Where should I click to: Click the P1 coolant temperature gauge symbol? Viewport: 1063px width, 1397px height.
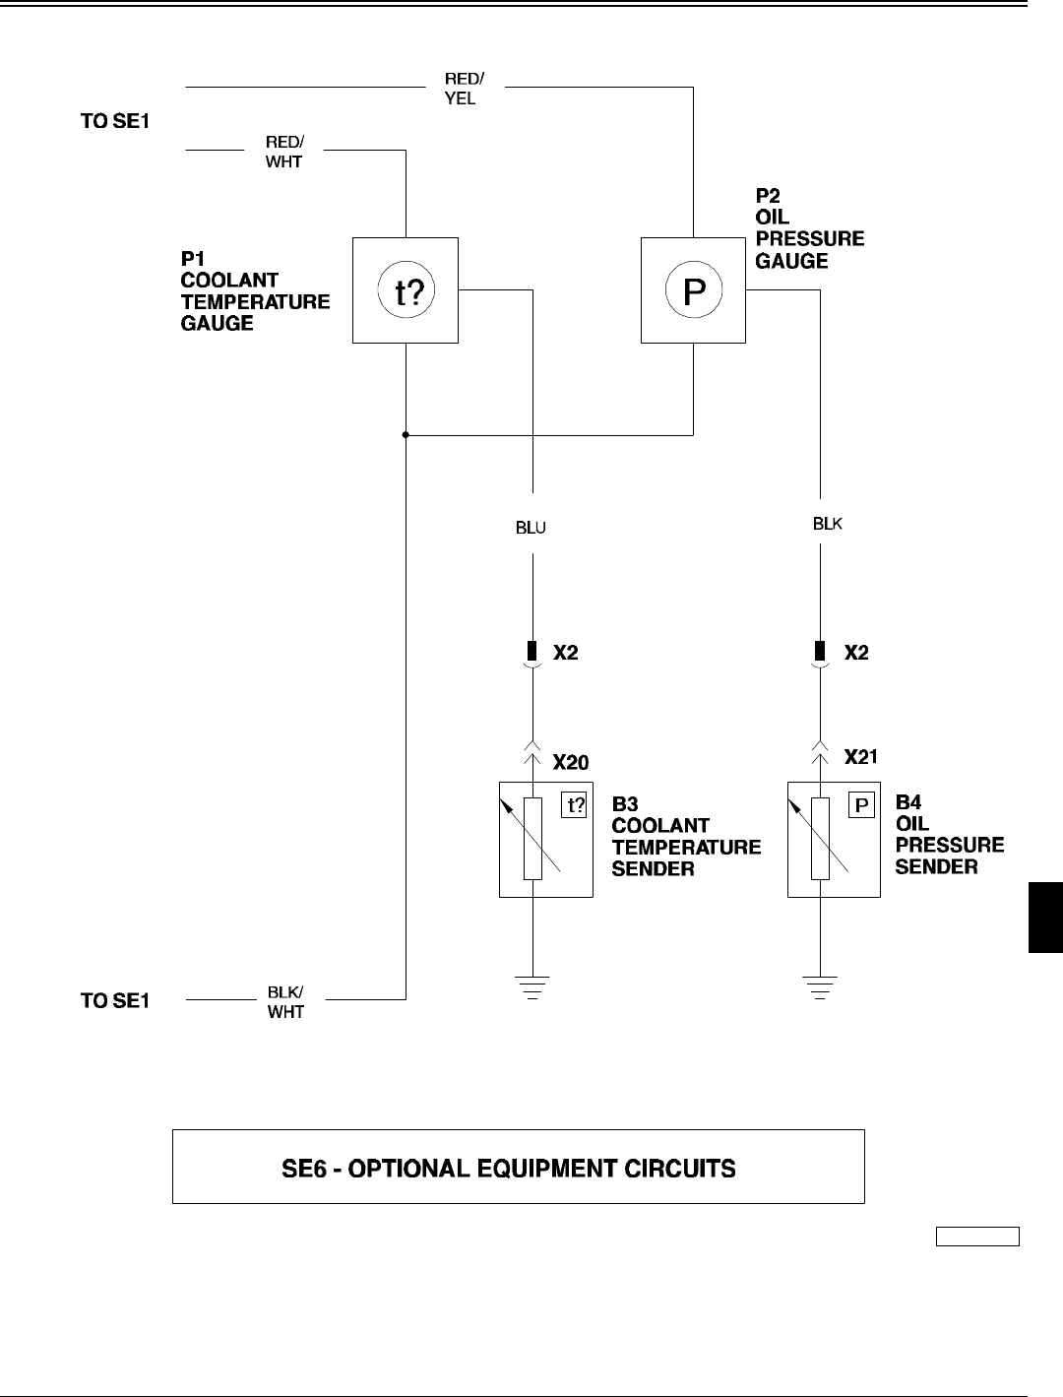pos(406,290)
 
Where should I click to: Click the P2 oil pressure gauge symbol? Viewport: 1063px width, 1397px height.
pos(693,290)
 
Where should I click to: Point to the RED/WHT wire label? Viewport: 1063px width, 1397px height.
pos(284,152)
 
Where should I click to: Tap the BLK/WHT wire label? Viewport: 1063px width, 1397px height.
pos(285,1000)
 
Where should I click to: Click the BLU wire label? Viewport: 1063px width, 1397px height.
pos(531,527)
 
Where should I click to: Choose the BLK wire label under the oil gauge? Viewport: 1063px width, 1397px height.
pos(827,524)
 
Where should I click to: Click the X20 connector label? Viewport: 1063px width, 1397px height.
pos(570,762)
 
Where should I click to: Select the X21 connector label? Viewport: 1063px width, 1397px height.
pos(861,757)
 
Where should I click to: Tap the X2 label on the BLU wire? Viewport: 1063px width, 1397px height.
pos(565,652)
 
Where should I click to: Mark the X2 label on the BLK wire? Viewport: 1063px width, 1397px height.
pos(856,652)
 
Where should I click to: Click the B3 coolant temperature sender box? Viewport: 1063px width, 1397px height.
pos(545,839)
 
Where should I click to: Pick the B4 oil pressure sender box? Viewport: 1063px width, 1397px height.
pos(833,839)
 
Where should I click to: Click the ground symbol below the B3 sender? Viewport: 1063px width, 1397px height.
pos(532,985)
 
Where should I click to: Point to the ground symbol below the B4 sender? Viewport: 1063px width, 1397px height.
pos(820,985)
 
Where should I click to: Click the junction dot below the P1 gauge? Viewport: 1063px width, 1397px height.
pos(406,434)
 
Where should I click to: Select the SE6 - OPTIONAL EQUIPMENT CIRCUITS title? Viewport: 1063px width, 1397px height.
pos(519,1169)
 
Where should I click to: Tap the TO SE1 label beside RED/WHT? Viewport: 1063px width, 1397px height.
pos(115,122)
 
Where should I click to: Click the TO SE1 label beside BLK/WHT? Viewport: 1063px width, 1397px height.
pos(115,1000)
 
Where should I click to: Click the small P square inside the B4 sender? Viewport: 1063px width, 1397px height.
pos(861,806)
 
